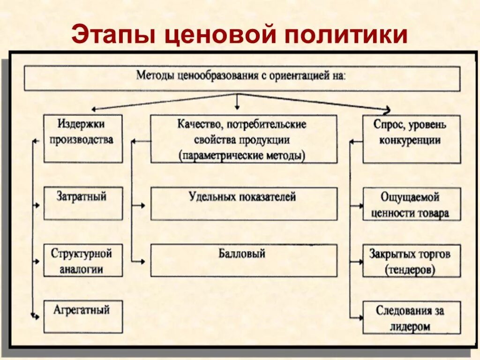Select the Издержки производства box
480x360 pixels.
[x=83, y=139]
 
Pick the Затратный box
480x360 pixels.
[x=83, y=203]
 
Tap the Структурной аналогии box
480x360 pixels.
[x=83, y=260]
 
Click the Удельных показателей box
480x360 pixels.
[x=244, y=203]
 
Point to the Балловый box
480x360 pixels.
[x=244, y=260]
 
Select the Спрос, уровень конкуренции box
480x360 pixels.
[x=412, y=139]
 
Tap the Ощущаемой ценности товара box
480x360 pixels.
[x=412, y=204]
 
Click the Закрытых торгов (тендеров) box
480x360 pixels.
[x=412, y=261]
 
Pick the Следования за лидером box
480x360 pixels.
[x=412, y=317]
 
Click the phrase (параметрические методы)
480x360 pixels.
[x=242, y=156]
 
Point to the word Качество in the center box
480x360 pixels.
[x=194, y=125]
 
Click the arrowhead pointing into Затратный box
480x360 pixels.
[x=37, y=205]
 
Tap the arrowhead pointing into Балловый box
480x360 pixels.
[x=142, y=262]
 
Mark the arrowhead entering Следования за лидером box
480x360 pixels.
[x=360, y=318]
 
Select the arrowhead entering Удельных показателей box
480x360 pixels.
[x=142, y=205]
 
